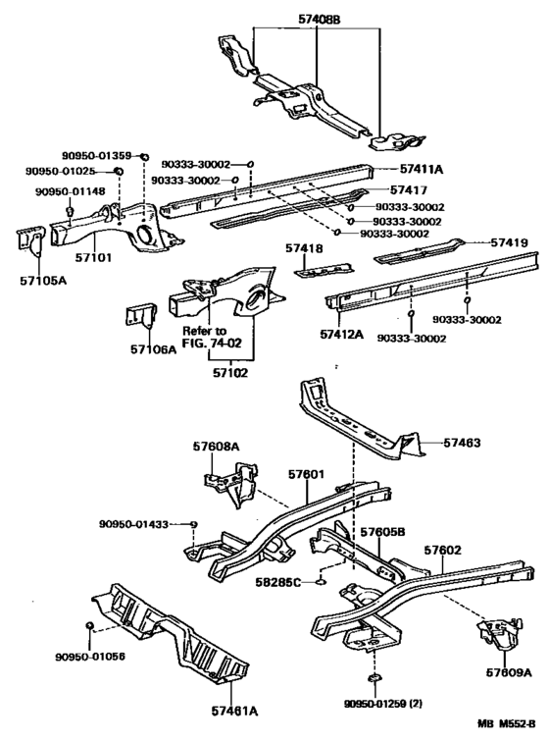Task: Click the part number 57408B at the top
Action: pyautogui.click(x=320, y=20)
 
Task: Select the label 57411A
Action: pyautogui.click(x=422, y=169)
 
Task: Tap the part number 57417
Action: pyautogui.click(x=409, y=189)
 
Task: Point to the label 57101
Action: pyautogui.click(x=93, y=257)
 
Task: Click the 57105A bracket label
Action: pyautogui.click(x=43, y=281)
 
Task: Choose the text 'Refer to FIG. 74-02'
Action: pyautogui.click(x=212, y=337)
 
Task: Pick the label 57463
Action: pyautogui.click(x=462, y=443)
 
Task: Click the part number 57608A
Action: pyautogui.click(x=216, y=447)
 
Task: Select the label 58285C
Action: pyautogui.click(x=278, y=582)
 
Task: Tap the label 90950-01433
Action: pyautogui.click(x=134, y=524)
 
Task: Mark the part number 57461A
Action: pyautogui.click(x=234, y=711)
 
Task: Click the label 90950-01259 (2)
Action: pyautogui.click(x=383, y=704)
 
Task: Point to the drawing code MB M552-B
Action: pyautogui.click(x=507, y=724)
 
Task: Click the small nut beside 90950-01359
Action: pyautogui.click(x=145, y=157)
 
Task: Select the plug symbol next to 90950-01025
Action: pyautogui.click(x=119, y=171)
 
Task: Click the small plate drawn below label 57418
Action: pyautogui.click(x=324, y=270)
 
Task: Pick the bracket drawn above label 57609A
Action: pyautogui.click(x=499, y=634)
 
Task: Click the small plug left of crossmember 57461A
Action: pyautogui.click(x=88, y=626)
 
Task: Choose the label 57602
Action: pyautogui.click(x=442, y=550)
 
